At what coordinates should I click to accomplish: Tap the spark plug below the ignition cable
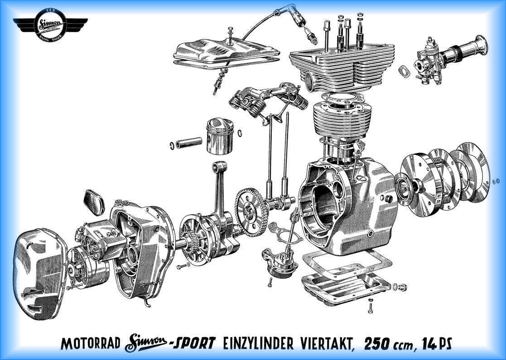point(311,36)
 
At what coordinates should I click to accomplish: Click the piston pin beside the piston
point(189,143)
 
